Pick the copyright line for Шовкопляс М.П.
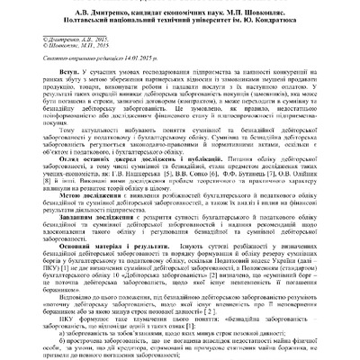(49, 47)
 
